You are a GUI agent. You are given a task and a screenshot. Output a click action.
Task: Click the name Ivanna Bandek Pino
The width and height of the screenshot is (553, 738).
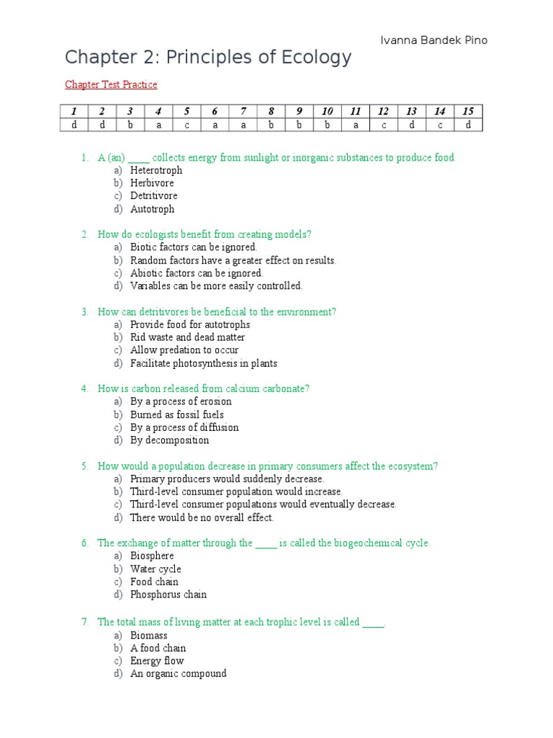coord(433,40)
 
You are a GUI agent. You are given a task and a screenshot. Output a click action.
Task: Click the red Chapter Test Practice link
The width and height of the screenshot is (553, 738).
coord(111,85)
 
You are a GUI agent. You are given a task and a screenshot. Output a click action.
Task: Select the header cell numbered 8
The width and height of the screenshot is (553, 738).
coord(271,111)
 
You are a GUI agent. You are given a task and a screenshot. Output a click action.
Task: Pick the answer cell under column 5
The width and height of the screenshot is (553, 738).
coord(186,125)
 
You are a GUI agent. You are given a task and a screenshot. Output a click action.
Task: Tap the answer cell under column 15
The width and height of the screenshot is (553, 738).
coord(468,125)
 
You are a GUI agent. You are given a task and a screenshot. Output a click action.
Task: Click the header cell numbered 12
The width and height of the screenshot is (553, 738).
coord(383,111)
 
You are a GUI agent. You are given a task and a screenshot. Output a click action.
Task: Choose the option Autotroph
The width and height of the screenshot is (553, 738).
coord(152,209)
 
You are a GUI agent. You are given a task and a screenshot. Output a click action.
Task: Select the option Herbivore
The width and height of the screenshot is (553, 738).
coord(152,183)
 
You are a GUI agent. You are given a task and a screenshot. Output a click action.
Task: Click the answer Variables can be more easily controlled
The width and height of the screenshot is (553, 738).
coord(216,286)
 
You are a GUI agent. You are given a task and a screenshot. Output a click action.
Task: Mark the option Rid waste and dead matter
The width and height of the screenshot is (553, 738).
coord(187,337)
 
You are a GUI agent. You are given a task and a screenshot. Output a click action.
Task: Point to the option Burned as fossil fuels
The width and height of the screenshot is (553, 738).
coord(176,414)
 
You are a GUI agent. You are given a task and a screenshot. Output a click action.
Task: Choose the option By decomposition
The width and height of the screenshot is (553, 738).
coord(169,440)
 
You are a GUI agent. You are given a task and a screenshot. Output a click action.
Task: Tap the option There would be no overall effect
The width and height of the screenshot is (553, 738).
coord(202,517)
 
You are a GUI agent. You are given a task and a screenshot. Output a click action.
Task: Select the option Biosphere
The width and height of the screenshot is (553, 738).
coord(152,556)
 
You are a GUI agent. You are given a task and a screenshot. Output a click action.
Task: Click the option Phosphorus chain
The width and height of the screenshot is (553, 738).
coord(168,595)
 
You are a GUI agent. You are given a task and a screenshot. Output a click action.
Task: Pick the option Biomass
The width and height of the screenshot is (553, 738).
coord(148,636)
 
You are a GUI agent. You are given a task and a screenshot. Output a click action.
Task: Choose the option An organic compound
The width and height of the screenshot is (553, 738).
coord(178,674)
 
